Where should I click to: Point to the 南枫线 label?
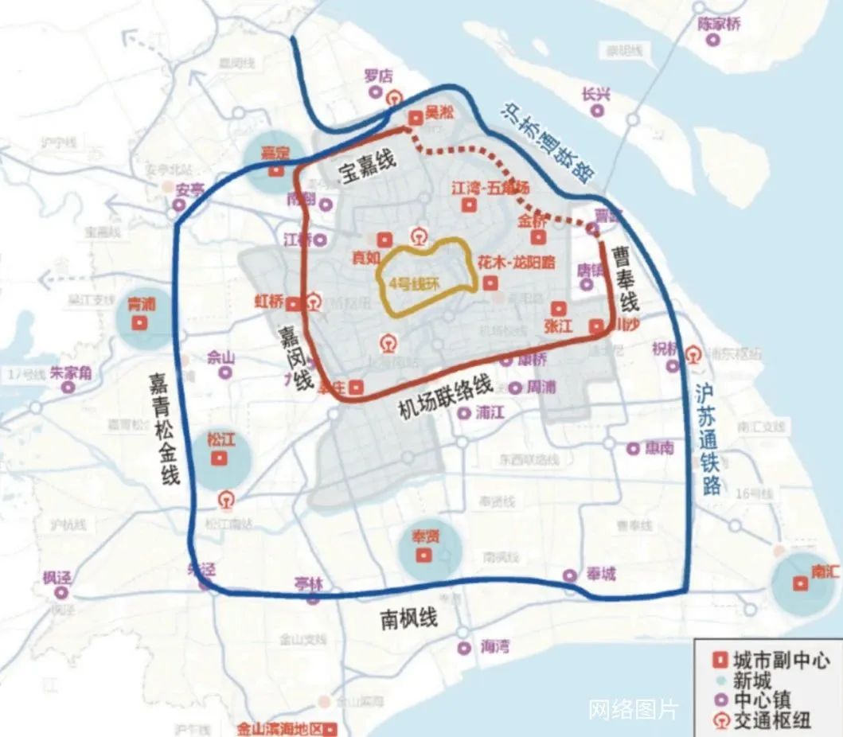[408, 618]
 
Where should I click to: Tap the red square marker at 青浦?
[141, 322]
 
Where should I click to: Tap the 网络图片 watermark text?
[633, 709]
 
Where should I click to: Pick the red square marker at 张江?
[559, 308]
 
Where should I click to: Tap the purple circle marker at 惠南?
[633, 449]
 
